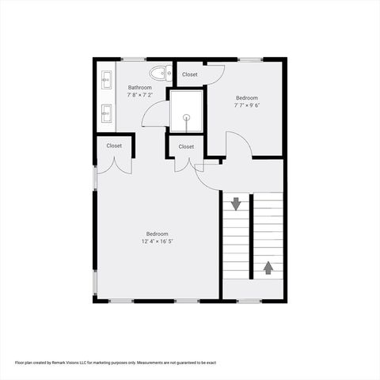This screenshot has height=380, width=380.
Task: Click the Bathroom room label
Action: pyautogui.click(x=140, y=88)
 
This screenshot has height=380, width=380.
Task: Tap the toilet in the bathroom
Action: pyautogui.click(x=161, y=74)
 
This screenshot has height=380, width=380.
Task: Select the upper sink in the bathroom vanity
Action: pyautogui.click(x=105, y=81)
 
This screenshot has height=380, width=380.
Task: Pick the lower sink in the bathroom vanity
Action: pyautogui.click(x=105, y=112)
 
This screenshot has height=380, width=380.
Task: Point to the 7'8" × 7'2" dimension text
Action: pyautogui.click(x=140, y=95)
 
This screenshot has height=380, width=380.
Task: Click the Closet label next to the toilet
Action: pyautogui.click(x=190, y=74)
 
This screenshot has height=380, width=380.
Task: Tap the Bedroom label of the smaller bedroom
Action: pyautogui.click(x=246, y=97)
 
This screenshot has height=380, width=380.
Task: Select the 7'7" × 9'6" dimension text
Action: pyautogui.click(x=246, y=104)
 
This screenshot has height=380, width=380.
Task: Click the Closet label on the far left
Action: pyautogui.click(x=114, y=146)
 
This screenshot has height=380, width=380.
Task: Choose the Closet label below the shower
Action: pyautogui.click(x=186, y=146)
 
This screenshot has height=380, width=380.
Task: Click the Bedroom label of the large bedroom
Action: pyautogui.click(x=157, y=234)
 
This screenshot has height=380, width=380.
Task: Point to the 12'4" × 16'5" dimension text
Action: pyautogui.click(x=157, y=241)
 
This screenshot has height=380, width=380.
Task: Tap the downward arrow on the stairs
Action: pyautogui.click(x=236, y=204)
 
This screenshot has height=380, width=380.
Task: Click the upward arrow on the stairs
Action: pyautogui.click(x=268, y=268)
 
